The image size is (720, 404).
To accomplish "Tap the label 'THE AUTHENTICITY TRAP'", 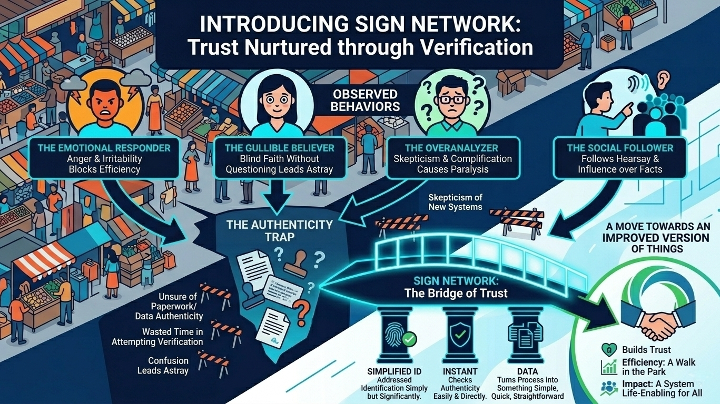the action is (x=279, y=230).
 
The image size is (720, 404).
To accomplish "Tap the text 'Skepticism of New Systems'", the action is (x=455, y=202).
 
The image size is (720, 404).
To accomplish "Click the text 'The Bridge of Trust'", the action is (x=456, y=293).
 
